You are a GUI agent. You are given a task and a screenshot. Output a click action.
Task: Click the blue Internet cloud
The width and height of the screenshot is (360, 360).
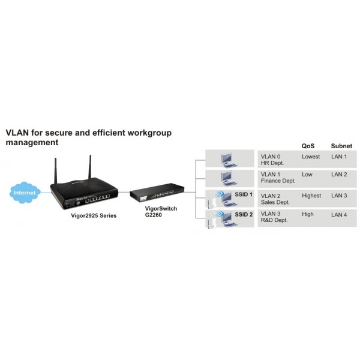pos(25,193)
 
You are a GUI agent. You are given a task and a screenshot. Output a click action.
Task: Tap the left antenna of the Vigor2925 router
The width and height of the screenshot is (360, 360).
pos(55,170)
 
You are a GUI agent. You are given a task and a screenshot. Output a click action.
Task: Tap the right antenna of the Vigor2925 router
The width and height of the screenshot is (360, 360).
pos(90,167)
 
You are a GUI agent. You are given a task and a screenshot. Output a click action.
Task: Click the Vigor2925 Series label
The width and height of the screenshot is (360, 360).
pos(94,215)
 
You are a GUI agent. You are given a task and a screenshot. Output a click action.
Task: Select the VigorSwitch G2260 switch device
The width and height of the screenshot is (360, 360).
pos(157,193)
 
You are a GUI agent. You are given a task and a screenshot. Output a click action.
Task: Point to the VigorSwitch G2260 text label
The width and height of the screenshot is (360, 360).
pos(161,212)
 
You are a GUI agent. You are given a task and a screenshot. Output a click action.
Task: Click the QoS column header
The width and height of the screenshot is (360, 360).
pos(308,146)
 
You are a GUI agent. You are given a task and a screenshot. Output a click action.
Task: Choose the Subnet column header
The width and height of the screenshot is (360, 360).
pos(341,146)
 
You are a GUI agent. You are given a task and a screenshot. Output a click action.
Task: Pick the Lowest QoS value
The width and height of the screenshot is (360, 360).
pos(311,157)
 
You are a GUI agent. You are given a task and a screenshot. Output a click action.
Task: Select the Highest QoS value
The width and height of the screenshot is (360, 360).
pos(311,196)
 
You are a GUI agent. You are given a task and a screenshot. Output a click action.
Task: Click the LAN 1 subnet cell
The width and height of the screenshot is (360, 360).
pos(339,157)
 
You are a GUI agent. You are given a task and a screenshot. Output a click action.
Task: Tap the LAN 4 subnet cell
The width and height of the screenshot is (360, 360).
pos(339,215)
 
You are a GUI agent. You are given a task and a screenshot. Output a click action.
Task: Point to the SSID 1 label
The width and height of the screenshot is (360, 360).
pos(244,194)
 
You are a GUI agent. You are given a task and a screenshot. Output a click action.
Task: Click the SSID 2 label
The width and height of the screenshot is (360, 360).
pos(244,214)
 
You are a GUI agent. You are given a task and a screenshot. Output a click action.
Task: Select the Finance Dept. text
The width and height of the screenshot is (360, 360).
pos(278,181)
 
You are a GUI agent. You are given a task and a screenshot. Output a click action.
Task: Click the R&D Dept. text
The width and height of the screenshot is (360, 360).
pos(274,220)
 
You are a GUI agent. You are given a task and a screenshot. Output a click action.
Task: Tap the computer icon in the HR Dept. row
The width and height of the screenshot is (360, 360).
pos(229,160)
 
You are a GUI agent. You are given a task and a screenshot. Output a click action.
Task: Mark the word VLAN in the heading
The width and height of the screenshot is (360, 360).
pos(17,133)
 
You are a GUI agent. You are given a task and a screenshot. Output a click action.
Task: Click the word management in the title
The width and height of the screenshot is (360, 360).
pos(32,142)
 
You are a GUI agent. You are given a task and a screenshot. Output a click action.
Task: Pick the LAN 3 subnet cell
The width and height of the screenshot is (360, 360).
pos(339,196)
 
